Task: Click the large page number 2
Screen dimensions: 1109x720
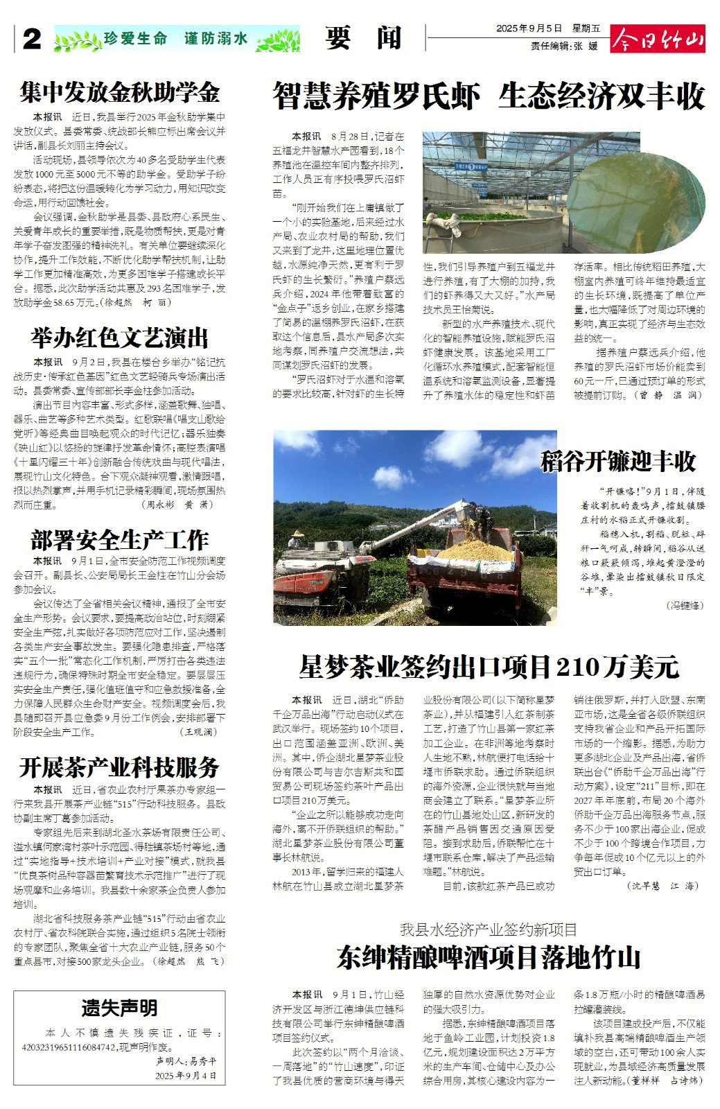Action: coord(31,40)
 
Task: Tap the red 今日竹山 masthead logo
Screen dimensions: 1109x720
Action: coord(657,40)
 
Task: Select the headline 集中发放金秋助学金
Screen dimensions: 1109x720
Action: coord(119,93)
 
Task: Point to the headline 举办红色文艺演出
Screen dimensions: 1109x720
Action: coord(119,338)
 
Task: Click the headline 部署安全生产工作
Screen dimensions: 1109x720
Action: coord(119,540)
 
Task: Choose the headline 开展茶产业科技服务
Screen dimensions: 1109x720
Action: coord(119,767)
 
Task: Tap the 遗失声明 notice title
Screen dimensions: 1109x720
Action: coord(119,1007)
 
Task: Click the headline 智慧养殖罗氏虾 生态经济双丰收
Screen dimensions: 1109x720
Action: coord(489,96)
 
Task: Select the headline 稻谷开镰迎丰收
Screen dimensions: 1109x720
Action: coord(618,462)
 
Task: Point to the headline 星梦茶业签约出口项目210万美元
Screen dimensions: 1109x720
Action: coord(489,667)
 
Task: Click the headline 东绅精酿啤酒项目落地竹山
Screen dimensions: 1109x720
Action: coord(489,958)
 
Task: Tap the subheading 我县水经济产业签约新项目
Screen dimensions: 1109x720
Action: coord(489,929)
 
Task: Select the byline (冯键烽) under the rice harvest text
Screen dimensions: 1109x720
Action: coord(685,605)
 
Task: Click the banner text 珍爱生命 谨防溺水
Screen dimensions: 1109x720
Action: coord(176,39)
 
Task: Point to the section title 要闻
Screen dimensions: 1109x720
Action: coord(363,39)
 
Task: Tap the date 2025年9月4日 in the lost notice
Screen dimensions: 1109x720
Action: coord(186,1076)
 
